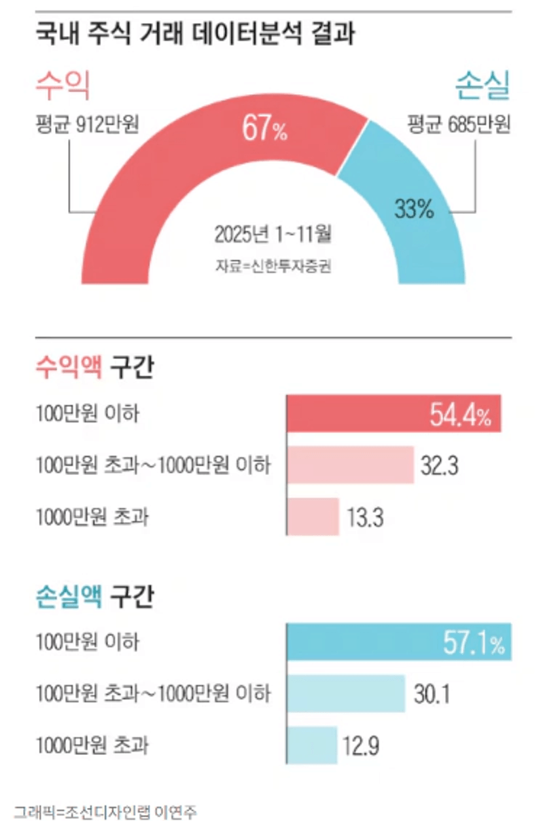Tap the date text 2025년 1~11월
coord(273,234)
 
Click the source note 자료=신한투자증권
coord(273,266)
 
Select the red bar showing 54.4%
coord(394,413)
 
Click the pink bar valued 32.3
coord(351,465)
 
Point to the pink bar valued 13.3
coord(313,517)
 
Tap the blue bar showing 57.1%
coord(399,642)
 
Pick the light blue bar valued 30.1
coord(347,693)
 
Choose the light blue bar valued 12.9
coord(312,745)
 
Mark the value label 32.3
coord(440,466)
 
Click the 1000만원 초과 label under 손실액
coord(92,745)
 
